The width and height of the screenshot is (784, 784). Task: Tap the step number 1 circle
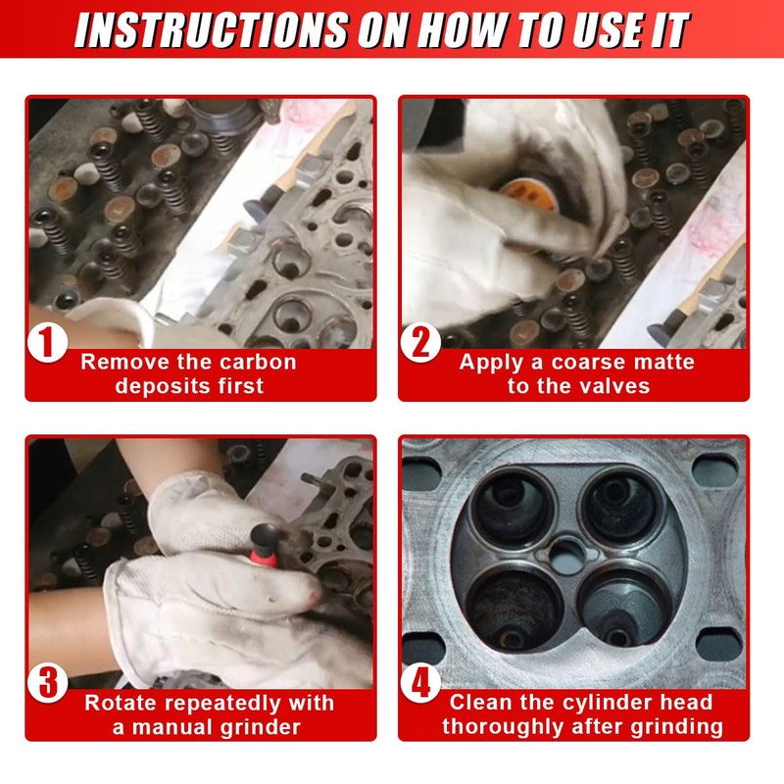click(x=47, y=342)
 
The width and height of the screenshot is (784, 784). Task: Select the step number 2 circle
click(x=420, y=342)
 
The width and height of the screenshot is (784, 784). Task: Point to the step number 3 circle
click(x=47, y=683)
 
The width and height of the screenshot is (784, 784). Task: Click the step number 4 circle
click(x=420, y=683)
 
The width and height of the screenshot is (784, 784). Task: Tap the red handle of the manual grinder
click(x=264, y=556)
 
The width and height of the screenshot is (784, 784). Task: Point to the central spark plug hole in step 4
click(x=567, y=556)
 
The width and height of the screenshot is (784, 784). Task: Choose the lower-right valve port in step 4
click(x=623, y=608)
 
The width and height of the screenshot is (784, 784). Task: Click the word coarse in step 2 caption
click(x=584, y=362)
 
